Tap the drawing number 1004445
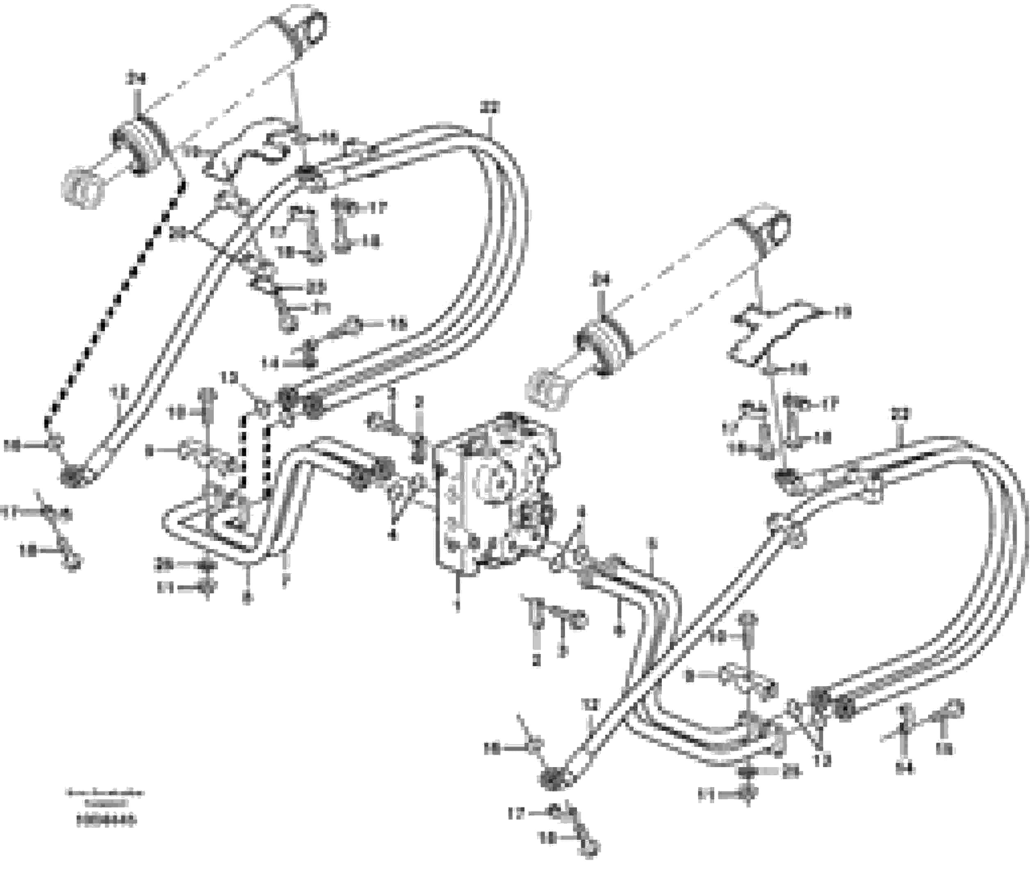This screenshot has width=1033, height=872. click(106, 821)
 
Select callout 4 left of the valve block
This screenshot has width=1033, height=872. click(393, 534)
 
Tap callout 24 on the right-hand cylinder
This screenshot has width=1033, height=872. click(602, 280)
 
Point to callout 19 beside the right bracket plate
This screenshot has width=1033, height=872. click(840, 312)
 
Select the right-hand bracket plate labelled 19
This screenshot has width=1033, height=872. click(771, 331)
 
